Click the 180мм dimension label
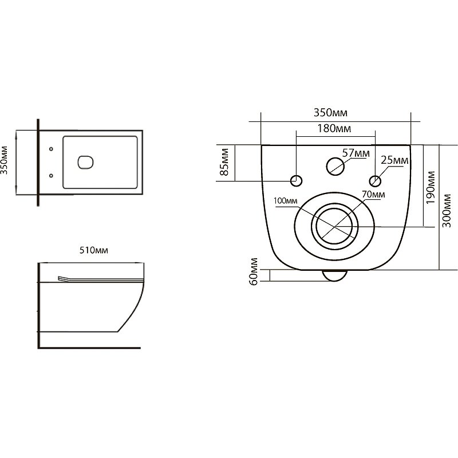[x=334, y=128]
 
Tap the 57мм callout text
[x=356, y=153]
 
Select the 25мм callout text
[x=394, y=160]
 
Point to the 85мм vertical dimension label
[x=224, y=162]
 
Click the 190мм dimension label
[x=431, y=188]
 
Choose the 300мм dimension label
[x=447, y=211]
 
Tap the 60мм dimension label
[x=254, y=271]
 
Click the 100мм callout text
[x=285, y=201]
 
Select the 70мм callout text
[x=373, y=194]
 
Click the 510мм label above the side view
[x=94, y=250]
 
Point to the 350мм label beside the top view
[x=5, y=160]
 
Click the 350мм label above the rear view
[x=331, y=112]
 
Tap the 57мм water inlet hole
[x=335, y=167]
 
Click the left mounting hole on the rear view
[x=296, y=181]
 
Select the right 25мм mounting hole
[x=375, y=181]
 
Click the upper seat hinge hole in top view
[x=51, y=149]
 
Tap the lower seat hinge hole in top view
[x=51, y=176]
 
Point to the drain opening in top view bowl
[x=85, y=163]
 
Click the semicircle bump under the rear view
[x=335, y=276]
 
